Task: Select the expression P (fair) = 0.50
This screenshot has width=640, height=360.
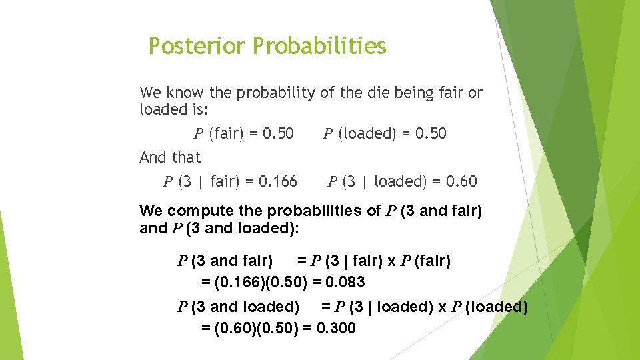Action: pyautogui.click(x=243, y=133)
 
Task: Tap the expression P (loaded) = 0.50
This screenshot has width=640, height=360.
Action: pyautogui.click(x=385, y=133)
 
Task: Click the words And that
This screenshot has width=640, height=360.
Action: pyautogui.click(x=170, y=157)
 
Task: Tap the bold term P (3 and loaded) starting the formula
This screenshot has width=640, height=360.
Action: pyautogui.click(x=237, y=307)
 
